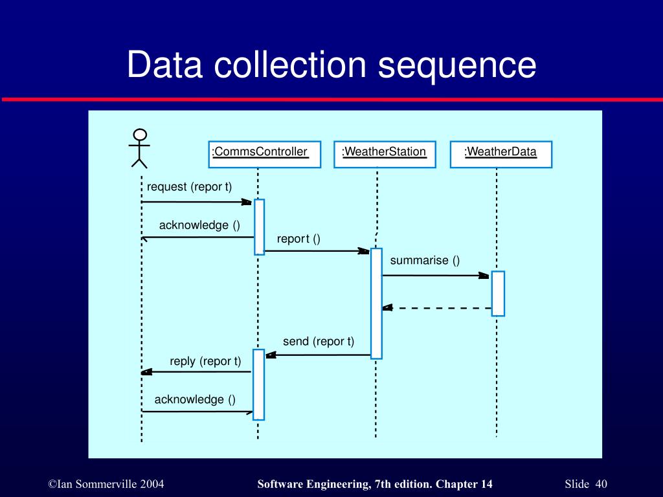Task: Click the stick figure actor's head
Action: point(140,135)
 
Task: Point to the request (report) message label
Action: point(190,187)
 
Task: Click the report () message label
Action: point(298,239)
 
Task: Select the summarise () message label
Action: point(425,260)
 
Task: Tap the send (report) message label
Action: point(319,342)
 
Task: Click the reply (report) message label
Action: point(205,361)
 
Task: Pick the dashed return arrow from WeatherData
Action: point(437,308)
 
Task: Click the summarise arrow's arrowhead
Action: point(484,276)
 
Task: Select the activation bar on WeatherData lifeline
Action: point(498,294)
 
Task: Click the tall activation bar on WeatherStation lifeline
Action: point(376,304)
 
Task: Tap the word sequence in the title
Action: point(457,65)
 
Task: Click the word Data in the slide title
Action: point(165,64)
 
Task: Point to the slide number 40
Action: point(601,484)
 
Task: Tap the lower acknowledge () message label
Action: point(195,400)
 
